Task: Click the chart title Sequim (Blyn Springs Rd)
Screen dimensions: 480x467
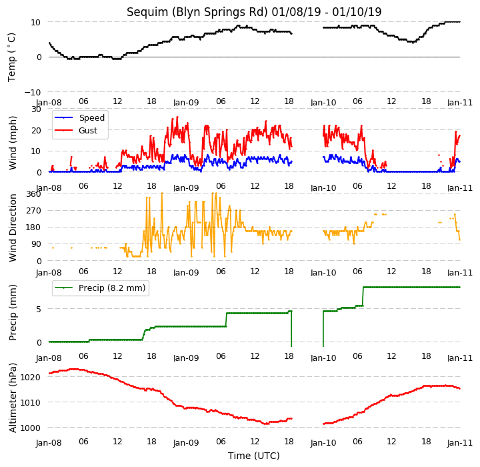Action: [x=197, y=12]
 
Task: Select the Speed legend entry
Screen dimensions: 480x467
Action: [x=79, y=117]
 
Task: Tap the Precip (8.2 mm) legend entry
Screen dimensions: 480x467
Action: [x=100, y=288]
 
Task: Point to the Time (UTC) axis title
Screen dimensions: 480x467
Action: [x=254, y=456]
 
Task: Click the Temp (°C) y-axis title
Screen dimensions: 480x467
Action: [x=11, y=57]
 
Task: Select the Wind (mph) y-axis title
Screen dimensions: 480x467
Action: [x=13, y=143]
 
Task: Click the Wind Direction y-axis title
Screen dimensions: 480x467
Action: [x=13, y=227]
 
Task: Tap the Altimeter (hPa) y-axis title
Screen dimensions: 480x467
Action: [x=13, y=398]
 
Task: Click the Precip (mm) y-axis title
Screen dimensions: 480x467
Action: [x=13, y=313]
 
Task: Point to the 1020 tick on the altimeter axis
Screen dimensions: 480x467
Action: [x=30, y=377]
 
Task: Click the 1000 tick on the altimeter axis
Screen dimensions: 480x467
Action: [x=30, y=428]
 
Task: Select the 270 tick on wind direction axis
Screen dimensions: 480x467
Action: [x=34, y=211]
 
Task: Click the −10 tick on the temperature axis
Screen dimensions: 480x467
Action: [x=32, y=92]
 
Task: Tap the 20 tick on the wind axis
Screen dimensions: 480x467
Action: [x=37, y=130]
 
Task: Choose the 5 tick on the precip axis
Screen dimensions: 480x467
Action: [x=39, y=309]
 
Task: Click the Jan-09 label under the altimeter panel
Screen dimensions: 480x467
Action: [x=186, y=443]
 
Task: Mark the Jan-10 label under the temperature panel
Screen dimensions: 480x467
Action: [x=323, y=103]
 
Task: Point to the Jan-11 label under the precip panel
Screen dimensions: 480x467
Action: [x=460, y=358]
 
